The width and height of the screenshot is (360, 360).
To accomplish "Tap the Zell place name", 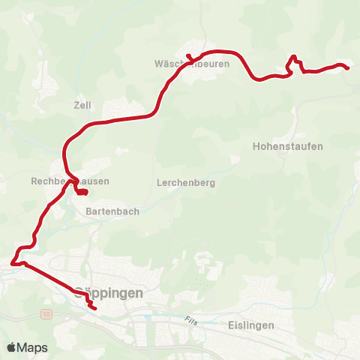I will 82,106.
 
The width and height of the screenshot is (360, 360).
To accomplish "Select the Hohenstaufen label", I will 288,146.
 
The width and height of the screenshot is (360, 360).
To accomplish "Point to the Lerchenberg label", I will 187,183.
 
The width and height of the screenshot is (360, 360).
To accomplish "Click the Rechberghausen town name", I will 70,181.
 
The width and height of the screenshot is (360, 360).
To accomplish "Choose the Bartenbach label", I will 112,211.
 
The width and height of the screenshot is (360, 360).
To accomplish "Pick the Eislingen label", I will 250,325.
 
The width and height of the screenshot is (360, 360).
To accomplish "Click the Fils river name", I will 190,320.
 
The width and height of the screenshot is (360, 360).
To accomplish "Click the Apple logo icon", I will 11,347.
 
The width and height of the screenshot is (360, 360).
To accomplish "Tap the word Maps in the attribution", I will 33,348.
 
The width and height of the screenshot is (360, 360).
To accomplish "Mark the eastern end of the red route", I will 349,68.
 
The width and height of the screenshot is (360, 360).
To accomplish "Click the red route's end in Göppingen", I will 96,307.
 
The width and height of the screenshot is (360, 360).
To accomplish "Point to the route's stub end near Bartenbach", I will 87,192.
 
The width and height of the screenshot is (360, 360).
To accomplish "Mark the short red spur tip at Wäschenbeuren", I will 188,55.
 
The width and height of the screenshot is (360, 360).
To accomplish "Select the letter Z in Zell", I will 76,106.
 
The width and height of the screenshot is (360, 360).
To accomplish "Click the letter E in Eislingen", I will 229,325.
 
